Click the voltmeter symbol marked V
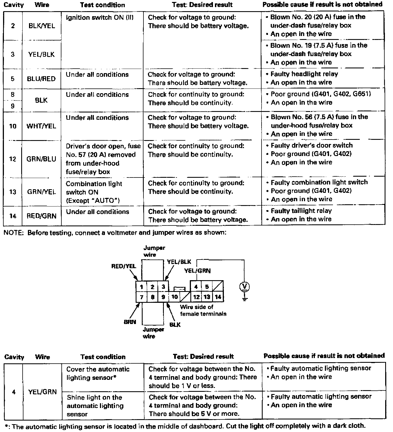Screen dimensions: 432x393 coord(245,287)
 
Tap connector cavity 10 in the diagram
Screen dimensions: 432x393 coord(174,297)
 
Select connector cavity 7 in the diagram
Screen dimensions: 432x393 coord(142,297)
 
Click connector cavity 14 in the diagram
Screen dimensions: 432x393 coord(218,297)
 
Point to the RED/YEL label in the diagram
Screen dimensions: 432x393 coord(124,266)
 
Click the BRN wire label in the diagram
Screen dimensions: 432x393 coord(130,322)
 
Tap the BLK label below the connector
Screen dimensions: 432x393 coord(175,325)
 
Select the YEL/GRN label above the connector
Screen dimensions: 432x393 coord(197,270)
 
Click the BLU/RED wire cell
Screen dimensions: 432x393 coord(41,79)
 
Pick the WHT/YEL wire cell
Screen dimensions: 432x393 coord(41,126)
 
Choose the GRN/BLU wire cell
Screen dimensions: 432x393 coord(41,159)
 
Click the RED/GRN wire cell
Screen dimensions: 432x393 coord(41,216)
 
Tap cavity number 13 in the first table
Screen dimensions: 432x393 coord(13,192)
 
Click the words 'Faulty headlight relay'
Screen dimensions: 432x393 coord(304,74)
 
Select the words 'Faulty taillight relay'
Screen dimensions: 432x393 coord(301,211)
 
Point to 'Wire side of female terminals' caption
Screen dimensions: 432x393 coord(203,310)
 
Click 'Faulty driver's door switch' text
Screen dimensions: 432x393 coord(311,145)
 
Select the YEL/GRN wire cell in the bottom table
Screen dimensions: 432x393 coord(42,392)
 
